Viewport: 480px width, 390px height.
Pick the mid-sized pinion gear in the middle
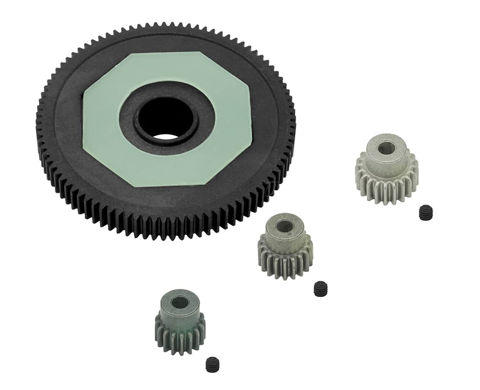point(285,246)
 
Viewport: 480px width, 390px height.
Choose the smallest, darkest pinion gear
point(179,321)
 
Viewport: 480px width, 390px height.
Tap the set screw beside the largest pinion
point(425,211)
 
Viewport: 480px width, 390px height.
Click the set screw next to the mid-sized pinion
point(321,289)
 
